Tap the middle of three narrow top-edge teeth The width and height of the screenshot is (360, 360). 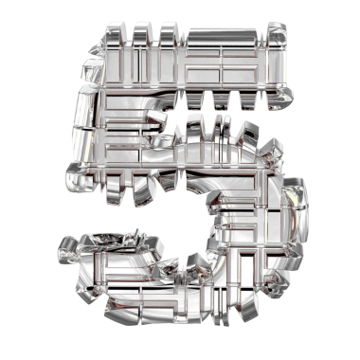(x=143, y=32)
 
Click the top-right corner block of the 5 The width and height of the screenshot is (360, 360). (x=277, y=34)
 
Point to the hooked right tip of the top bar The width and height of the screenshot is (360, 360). (x=281, y=98)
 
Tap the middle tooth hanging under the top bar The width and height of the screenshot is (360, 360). (x=222, y=99)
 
